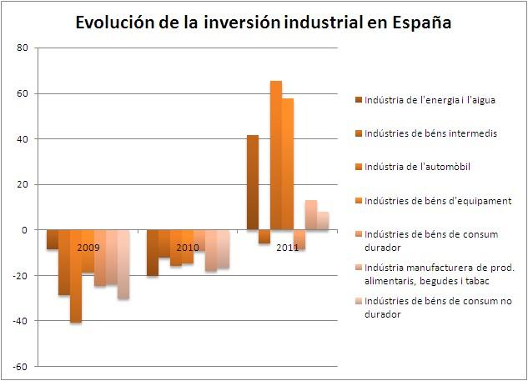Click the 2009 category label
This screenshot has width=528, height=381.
pyautogui.click(x=88, y=248)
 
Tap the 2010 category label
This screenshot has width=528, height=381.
pyautogui.click(x=187, y=248)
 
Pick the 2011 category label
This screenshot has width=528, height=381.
pyautogui.click(x=287, y=248)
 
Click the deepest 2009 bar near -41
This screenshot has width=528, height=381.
pyautogui.click(x=76, y=276)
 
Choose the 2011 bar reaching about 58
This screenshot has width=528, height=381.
pyautogui.click(x=288, y=163)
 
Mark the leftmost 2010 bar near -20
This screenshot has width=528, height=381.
pyautogui.click(x=152, y=253)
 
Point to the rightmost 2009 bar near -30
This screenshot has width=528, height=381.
pyautogui.click(x=123, y=264)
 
